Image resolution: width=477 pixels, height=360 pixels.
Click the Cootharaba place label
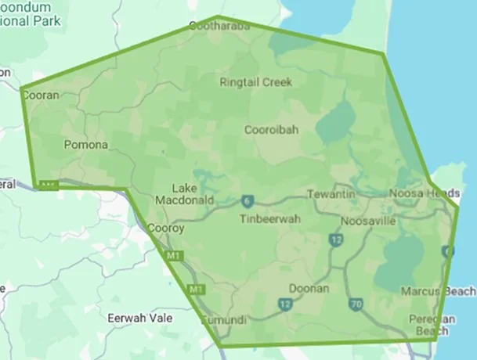point(219,27)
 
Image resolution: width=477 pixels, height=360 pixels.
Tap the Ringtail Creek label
point(255,82)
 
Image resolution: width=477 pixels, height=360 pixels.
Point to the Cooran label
point(41,95)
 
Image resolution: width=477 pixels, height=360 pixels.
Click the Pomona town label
point(85,145)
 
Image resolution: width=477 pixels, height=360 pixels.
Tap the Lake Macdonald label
point(193,194)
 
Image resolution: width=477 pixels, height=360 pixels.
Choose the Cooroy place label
point(166,229)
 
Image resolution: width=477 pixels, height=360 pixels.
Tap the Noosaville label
point(367,221)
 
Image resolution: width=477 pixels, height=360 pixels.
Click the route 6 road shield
point(248,200)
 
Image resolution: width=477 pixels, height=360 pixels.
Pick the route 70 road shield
point(356,304)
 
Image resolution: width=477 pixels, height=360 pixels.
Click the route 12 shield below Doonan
point(284,304)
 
